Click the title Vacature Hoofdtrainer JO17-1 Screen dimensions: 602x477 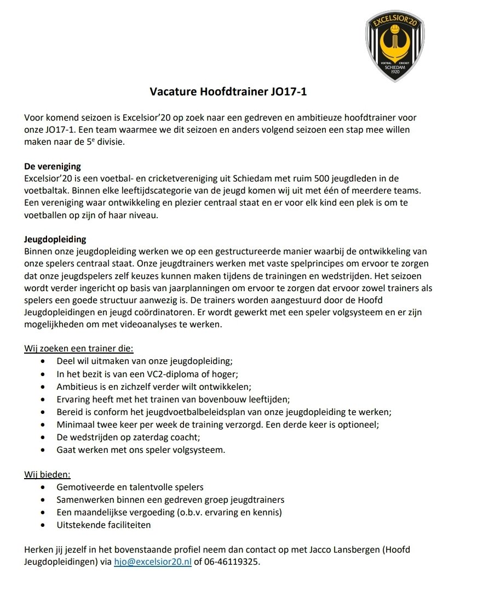pyautogui.click(x=228, y=92)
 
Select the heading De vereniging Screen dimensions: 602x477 pyautogui.click(x=53, y=167)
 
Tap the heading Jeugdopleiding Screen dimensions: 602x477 pyautogui.click(x=55, y=240)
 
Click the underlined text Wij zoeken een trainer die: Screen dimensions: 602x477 pyautogui.click(x=78, y=349)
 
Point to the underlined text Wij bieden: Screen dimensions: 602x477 pyautogui.click(x=47, y=474)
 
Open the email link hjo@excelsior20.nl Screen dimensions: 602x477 pyautogui.click(x=153, y=562)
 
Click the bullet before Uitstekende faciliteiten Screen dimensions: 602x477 pyautogui.click(x=44, y=525)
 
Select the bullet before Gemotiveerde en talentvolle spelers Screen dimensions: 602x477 pyautogui.click(x=44, y=487)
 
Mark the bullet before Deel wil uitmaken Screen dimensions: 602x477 pyautogui.click(x=44, y=361)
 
